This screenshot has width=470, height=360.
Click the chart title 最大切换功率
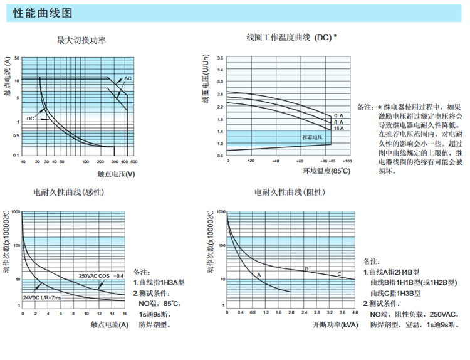click(x=81, y=41)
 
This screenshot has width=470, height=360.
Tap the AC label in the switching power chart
click(x=127, y=78)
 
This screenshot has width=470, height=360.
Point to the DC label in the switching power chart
click(x=30, y=118)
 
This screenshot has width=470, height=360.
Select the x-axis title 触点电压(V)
click(x=116, y=174)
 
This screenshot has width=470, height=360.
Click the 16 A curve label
click(x=338, y=128)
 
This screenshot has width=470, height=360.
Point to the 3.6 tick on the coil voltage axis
click(x=219, y=58)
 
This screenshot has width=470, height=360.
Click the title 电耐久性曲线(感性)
click(x=68, y=192)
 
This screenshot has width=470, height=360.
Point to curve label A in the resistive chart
click(x=258, y=275)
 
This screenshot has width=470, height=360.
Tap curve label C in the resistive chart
click(x=339, y=274)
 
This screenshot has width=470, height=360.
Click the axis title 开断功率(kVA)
click(x=335, y=325)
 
